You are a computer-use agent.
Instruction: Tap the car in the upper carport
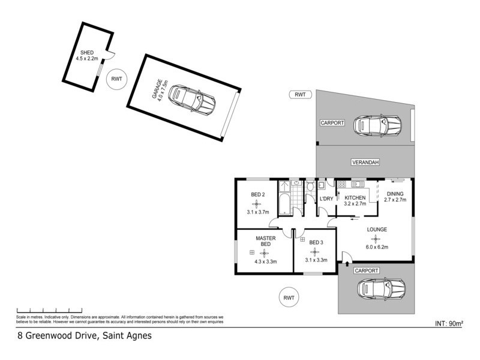(377, 125)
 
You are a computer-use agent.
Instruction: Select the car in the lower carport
(380, 289)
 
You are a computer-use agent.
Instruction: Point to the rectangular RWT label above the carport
(300, 94)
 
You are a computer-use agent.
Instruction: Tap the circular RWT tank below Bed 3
(290, 297)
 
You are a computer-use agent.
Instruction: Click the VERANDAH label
(365, 162)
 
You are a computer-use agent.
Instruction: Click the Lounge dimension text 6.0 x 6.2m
(377, 247)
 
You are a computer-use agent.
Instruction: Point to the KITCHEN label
(355, 198)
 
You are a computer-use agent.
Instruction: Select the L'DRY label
(326, 199)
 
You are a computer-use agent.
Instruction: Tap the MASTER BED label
(266, 241)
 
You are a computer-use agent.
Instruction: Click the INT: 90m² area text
(448, 323)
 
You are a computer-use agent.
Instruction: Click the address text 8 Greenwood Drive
(83, 336)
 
